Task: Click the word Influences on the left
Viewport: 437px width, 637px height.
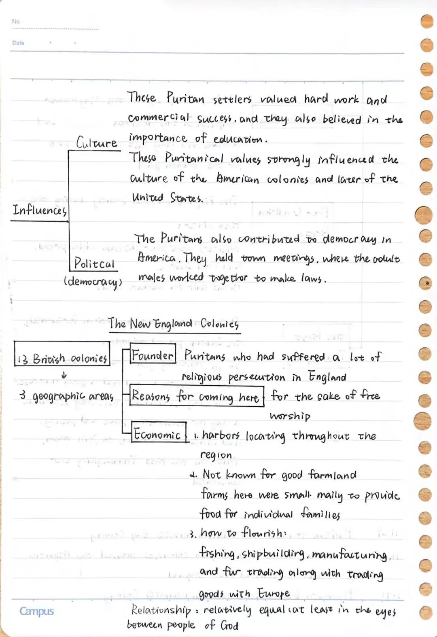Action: [39, 210]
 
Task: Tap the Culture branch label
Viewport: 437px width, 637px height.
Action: [97, 142]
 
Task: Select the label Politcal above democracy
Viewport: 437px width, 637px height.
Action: [94, 263]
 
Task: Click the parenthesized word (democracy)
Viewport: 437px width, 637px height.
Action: [93, 282]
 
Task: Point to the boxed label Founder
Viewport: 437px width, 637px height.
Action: [153, 355]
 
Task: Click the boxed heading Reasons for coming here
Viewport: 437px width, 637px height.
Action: [196, 396]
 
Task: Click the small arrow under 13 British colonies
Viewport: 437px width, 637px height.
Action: [64, 376]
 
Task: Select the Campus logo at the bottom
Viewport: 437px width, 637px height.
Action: [36, 611]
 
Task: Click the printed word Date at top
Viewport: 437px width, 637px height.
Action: [18, 43]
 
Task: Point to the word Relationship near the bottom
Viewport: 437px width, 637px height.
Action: [161, 609]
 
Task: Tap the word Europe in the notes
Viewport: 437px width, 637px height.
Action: [274, 593]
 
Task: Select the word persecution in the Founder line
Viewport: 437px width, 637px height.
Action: [257, 378]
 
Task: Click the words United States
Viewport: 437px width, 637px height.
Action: [167, 198]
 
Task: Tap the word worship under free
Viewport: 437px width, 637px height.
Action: [290, 416]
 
